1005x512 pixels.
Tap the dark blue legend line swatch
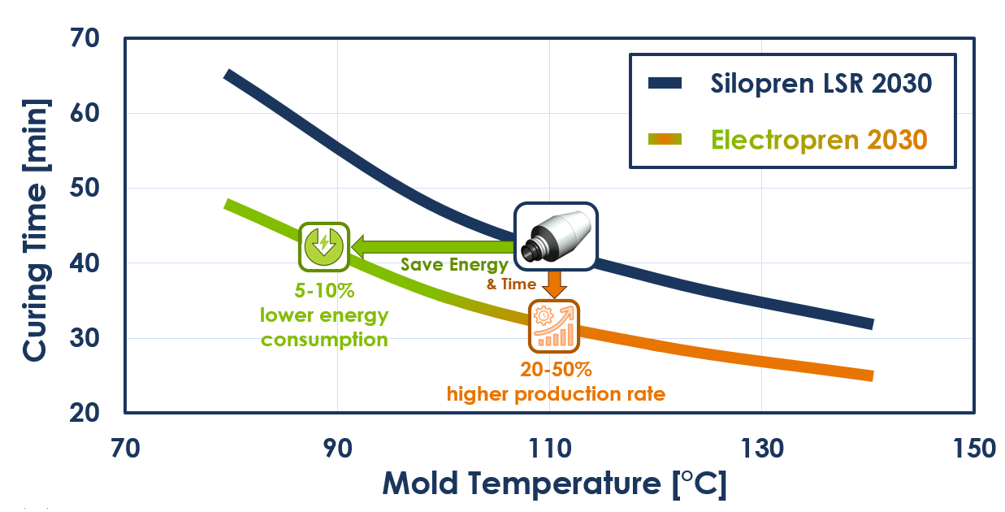665,83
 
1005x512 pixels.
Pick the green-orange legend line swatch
665,139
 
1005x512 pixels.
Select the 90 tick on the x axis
336,448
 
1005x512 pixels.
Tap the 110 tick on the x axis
549,448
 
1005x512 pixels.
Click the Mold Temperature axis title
554,484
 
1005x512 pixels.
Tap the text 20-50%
556,370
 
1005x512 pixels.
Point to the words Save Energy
454,265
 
